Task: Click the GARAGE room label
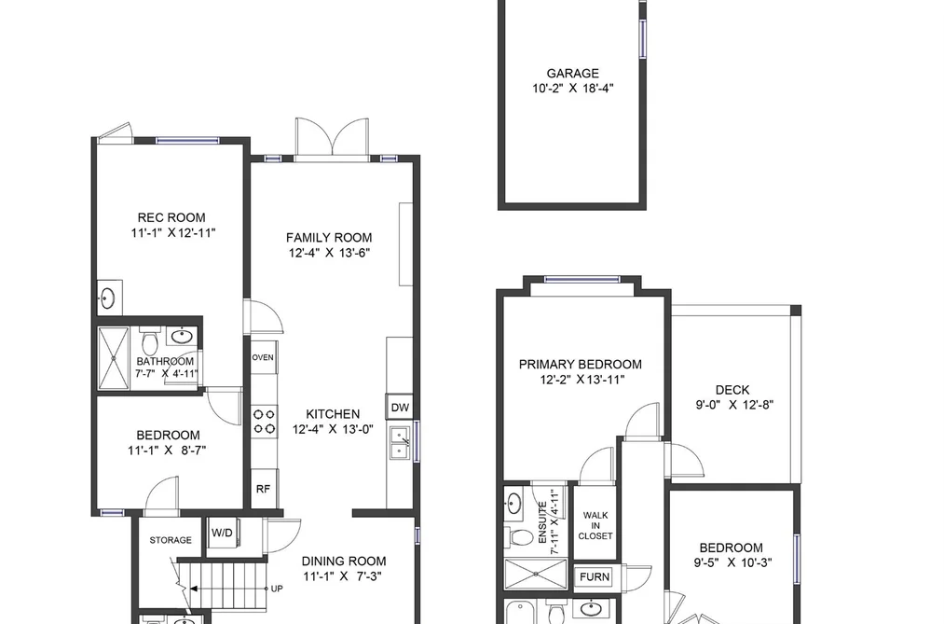click(572, 74)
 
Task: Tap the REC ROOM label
click(171, 217)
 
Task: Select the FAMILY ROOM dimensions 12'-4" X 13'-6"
click(329, 253)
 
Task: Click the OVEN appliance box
click(263, 357)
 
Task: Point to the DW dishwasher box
click(400, 408)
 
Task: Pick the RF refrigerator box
click(263, 489)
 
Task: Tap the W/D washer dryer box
click(223, 533)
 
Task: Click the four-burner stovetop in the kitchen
click(264, 422)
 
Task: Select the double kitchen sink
click(400, 443)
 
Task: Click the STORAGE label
click(171, 540)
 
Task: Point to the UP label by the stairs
click(277, 589)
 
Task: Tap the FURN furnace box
click(595, 576)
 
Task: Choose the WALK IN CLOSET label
click(595, 525)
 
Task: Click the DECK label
click(732, 390)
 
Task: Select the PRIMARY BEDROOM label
click(581, 365)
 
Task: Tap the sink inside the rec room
click(108, 298)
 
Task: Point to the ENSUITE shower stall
click(535, 574)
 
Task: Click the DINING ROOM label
click(344, 561)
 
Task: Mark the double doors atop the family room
click(332, 140)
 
